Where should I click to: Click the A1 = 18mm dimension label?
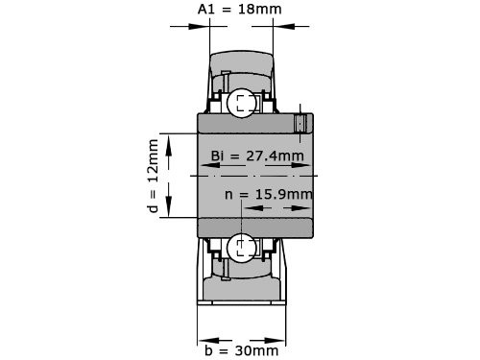240,9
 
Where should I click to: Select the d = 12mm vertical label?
153,178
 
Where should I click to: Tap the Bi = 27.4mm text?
256,156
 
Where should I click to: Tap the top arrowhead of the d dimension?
170,140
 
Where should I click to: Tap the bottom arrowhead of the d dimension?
170,213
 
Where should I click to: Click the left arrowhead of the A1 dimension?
204,26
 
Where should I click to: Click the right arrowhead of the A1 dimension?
277,26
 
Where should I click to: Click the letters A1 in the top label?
205,9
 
